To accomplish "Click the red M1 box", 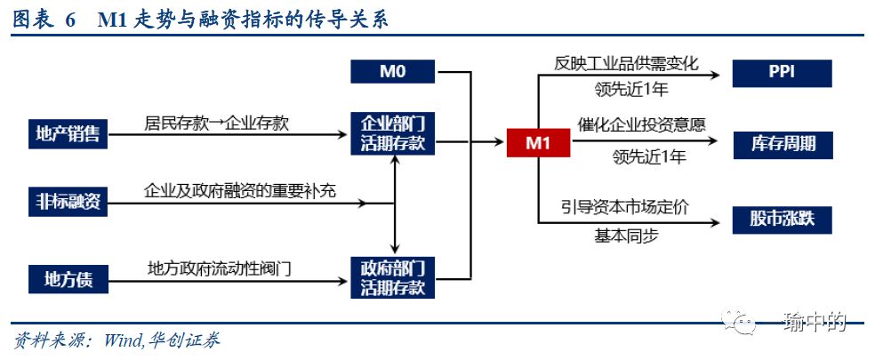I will pos(538,142).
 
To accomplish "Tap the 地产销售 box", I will pos(67,134).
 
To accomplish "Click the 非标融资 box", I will pos(67,204).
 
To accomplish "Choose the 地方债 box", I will pos(67,280).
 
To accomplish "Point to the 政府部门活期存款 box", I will pos(392,277).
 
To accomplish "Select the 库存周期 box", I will pos(782,143).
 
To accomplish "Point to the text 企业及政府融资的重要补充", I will pos(240,191).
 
